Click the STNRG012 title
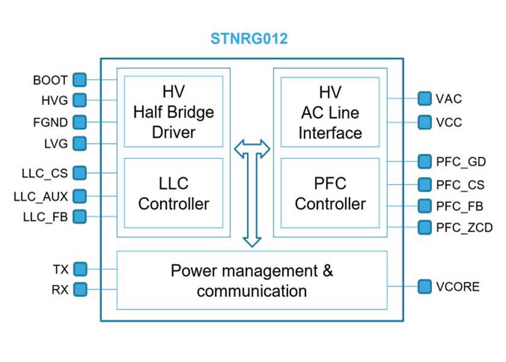pos(249,40)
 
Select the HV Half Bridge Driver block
pos(173,112)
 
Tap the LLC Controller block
pos(173,193)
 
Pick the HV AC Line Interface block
pos(330,112)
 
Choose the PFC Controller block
pos(330,193)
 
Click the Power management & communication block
pos(252,281)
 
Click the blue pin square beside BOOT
pos(80,80)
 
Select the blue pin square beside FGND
pos(80,122)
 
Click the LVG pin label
pos(56,144)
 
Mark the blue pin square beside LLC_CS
pos(80,173)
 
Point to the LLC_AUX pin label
pos(41,196)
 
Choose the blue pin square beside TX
pos(80,268)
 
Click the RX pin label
pos(60,290)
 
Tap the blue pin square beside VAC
pos(425,98)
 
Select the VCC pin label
pos(449,122)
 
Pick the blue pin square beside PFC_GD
pos(425,161)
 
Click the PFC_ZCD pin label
pos(464,227)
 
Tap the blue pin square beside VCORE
pos(425,286)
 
